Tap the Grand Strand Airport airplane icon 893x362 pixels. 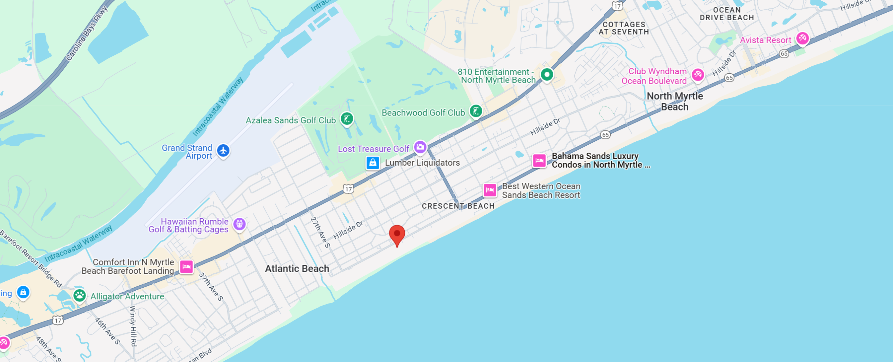coord(223,151)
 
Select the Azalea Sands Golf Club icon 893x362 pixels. coord(347,118)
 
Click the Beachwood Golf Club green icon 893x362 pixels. coord(476,111)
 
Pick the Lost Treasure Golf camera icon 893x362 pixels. coord(420,147)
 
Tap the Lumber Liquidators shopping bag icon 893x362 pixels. coord(373,163)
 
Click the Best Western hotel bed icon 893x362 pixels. coord(490,190)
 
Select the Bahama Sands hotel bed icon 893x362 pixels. coord(539,161)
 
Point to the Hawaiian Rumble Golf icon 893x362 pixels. coord(239,224)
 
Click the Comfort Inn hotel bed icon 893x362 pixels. coord(186,267)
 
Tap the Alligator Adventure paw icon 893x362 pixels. coord(80,295)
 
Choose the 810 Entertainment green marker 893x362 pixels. coord(547,75)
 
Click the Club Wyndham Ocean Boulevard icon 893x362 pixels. coord(698,75)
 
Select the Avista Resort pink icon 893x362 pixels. coord(802,38)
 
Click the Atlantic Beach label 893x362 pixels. coord(297,269)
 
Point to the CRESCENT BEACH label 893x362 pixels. coord(458,206)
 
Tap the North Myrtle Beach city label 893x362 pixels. coord(675,101)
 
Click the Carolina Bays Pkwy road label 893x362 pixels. coord(86,33)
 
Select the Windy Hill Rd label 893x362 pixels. coord(133,326)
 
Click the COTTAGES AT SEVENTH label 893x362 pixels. coord(624,28)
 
